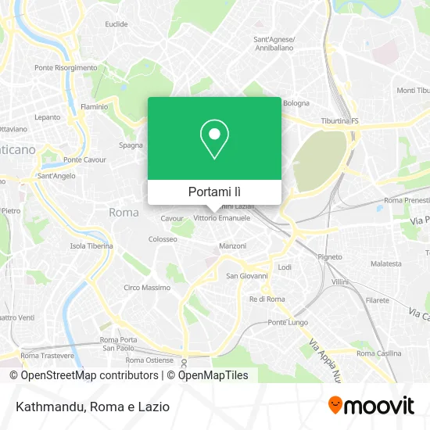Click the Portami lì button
point(214,192)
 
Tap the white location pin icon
point(214,139)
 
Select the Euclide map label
point(116,24)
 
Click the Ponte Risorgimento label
point(87,68)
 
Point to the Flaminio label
point(94,106)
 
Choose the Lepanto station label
point(47,117)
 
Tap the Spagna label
point(131,145)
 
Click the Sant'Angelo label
point(57,176)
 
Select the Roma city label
point(124,212)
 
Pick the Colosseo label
point(163,238)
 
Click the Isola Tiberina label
point(91,245)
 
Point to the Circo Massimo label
point(147,288)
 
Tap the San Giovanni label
point(247,275)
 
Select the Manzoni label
point(232,246)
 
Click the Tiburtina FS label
point(340,121)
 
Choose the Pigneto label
point(330,256)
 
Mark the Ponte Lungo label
point(287,322)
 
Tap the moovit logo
point(371,405)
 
